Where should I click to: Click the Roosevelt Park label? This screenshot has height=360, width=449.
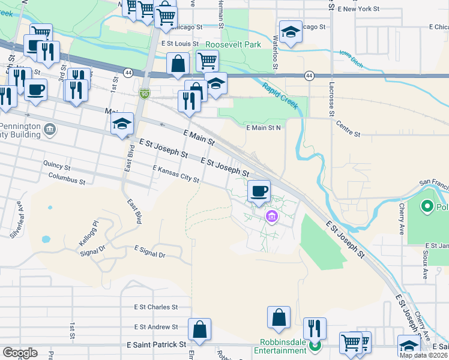coord(234,44)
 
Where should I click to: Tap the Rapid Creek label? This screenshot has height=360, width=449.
coord(280,95)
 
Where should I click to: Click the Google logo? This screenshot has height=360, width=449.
coord(20,353)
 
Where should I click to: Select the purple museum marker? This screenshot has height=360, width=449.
coord(271,217)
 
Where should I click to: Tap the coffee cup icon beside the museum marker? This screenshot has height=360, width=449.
coord(259,191)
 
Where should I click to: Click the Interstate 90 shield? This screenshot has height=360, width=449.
coord(143,93)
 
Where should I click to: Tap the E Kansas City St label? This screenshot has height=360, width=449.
coord(175,174)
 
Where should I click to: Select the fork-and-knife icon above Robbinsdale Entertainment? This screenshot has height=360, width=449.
coord(315,328)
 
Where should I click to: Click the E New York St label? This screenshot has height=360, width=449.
coord(358,9)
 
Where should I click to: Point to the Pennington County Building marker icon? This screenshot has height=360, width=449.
coord(50,128)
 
